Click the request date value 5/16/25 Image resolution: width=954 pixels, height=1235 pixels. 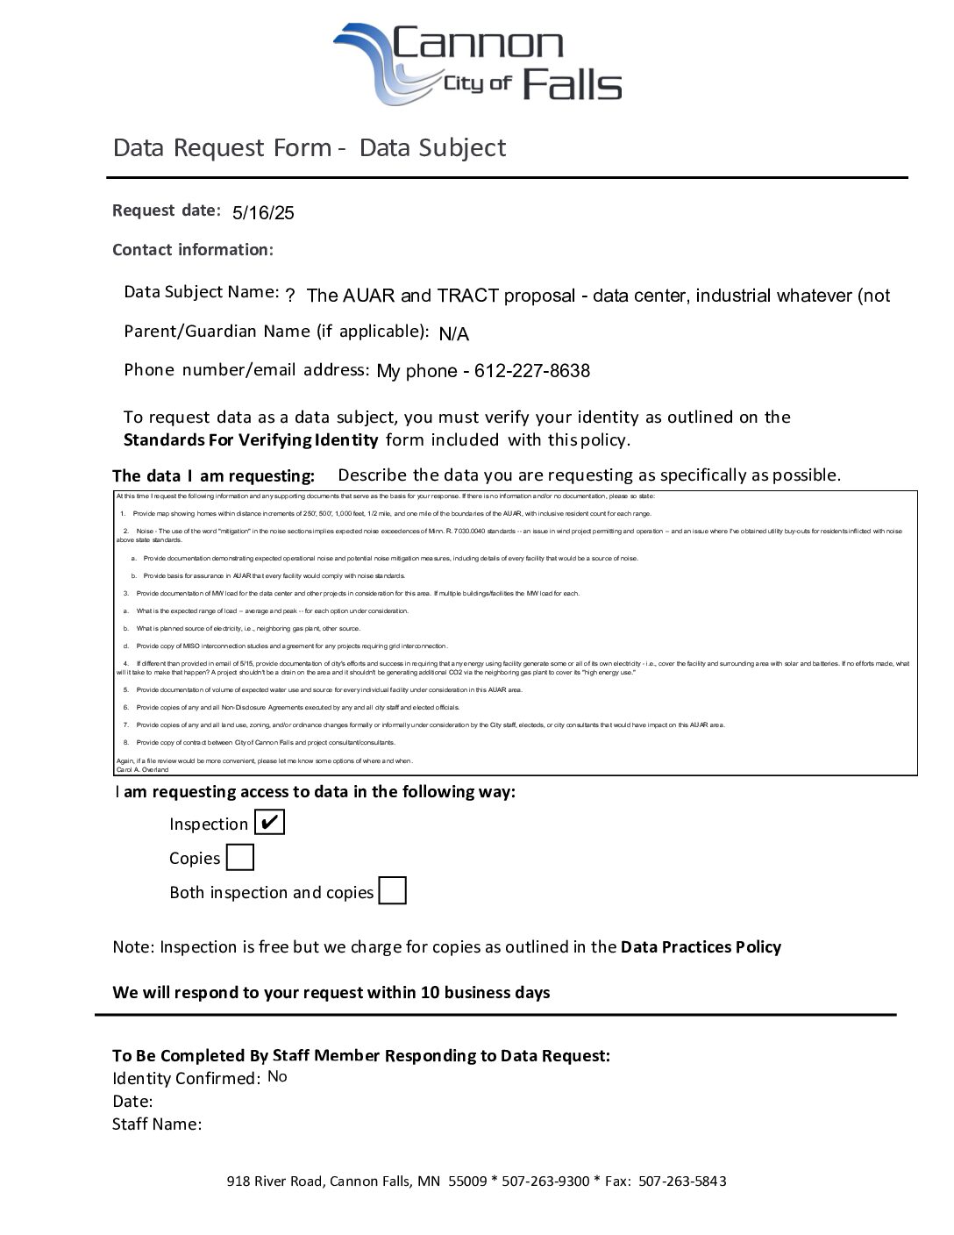263,212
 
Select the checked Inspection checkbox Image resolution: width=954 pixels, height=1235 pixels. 269,823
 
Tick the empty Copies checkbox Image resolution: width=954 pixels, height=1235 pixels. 239,857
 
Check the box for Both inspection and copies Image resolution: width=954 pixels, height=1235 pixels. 392,891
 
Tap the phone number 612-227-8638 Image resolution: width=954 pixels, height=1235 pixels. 531,371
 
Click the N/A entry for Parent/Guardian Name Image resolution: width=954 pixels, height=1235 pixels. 453,333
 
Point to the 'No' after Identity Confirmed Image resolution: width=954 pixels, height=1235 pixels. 277,1076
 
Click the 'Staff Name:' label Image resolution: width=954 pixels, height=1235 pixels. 157,1124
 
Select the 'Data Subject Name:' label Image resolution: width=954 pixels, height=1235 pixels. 202,292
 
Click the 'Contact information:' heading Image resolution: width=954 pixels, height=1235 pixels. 193,250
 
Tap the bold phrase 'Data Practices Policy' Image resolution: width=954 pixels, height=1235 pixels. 701,946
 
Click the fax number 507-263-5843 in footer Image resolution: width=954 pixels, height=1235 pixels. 682,1181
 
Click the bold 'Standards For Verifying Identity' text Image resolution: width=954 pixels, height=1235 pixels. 251,439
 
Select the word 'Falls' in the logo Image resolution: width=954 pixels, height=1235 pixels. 572,85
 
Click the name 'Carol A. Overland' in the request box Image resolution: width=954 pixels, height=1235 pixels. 141,769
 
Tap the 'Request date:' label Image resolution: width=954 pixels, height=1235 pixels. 167,211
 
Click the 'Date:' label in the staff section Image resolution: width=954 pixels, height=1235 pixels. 132,1101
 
